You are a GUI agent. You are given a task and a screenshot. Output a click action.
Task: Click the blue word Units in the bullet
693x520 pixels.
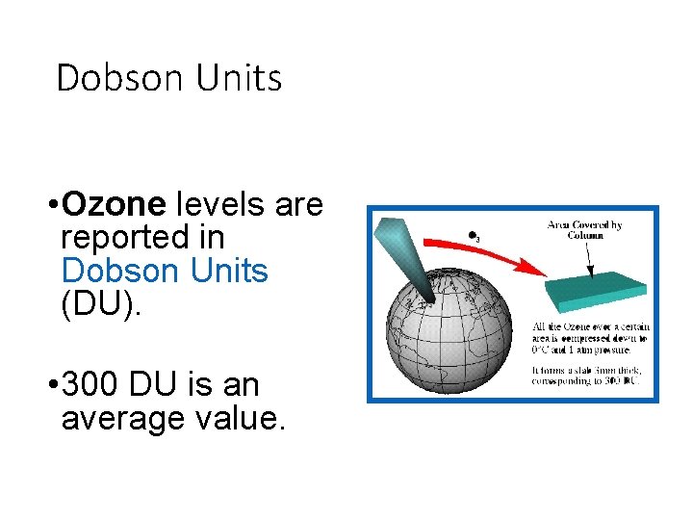click(x=226, y=271)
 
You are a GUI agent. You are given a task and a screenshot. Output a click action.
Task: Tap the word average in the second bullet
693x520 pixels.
click(x=121, y=419)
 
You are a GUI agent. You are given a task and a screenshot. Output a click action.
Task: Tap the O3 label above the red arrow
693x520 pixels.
click(x=473, y=235)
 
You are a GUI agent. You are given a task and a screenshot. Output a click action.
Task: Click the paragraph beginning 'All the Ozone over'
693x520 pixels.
click(x=590, y=338)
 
